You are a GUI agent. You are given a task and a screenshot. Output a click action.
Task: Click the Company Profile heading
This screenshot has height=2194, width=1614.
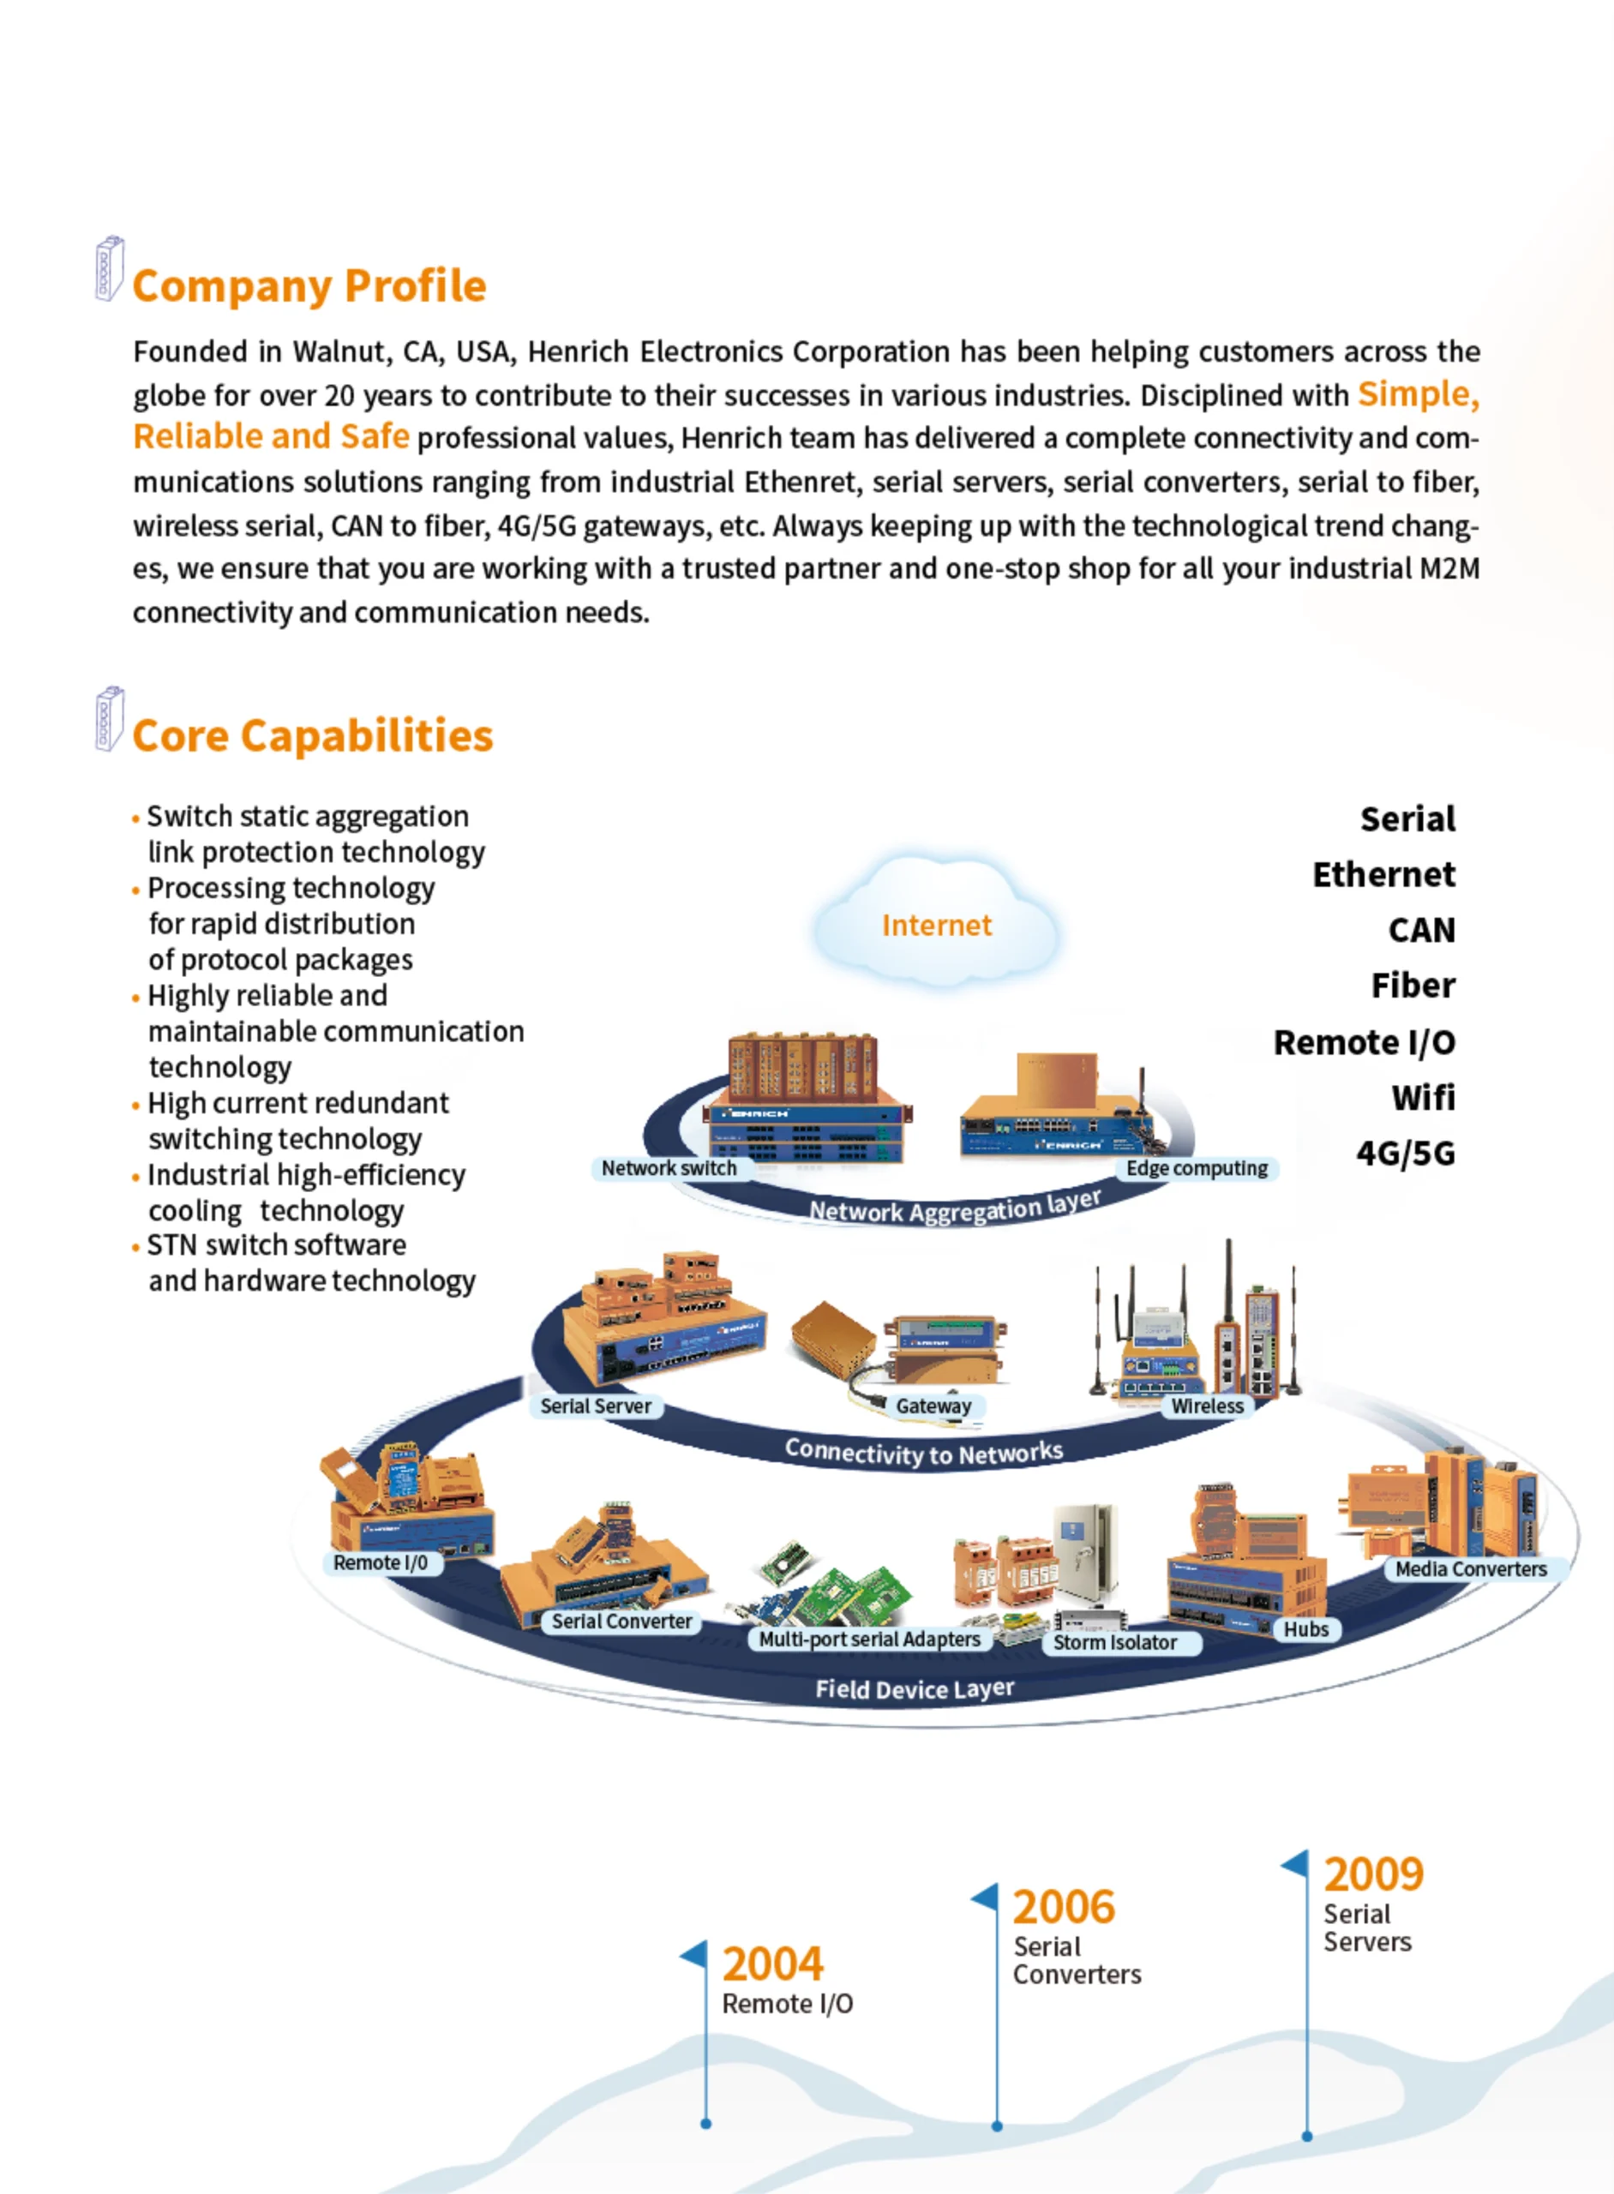coord(309,286)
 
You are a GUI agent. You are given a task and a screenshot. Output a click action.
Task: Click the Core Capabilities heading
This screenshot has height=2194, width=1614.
coord(313,735)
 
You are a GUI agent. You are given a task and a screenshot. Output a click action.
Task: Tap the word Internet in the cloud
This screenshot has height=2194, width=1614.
coord(936,925)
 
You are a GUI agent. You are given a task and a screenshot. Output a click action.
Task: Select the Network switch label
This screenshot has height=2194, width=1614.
coord(669,1168)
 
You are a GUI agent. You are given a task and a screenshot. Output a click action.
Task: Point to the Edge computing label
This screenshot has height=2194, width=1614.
coord(1197,1168)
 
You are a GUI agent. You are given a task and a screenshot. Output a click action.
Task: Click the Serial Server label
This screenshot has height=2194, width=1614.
coord(596,1406)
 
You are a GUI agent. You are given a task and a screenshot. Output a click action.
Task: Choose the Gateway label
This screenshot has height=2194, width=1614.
coord(934,1406)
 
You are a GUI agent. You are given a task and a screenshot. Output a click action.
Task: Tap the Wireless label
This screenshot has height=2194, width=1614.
coord(1208,1406)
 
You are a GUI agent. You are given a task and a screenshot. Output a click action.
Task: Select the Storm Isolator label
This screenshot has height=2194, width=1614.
coord(1115,1643)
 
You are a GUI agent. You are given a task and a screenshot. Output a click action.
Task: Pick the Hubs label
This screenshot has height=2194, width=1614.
coord(1306,1629)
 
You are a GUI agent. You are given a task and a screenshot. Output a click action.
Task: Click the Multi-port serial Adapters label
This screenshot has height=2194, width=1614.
coord(869,1640)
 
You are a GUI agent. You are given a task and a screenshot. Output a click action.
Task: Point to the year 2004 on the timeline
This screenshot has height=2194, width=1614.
coord(773,1963)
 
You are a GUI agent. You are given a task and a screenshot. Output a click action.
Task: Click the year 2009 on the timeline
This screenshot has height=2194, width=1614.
coord(1374,1873)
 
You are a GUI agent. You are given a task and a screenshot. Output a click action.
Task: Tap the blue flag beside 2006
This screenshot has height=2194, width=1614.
coord(985,1899)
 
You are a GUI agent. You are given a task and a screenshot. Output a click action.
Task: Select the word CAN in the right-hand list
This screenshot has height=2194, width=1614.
coord(1421,930)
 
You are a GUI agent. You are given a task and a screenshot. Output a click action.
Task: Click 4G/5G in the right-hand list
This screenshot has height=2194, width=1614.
coord(1406,1154)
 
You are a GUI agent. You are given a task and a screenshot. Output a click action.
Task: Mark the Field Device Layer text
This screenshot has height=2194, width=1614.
coord(915,1690)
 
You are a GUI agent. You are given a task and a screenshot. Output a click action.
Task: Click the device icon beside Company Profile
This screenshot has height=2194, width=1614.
coord(110,268)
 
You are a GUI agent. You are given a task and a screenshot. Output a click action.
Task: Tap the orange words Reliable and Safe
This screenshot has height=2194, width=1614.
coord(271,436)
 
